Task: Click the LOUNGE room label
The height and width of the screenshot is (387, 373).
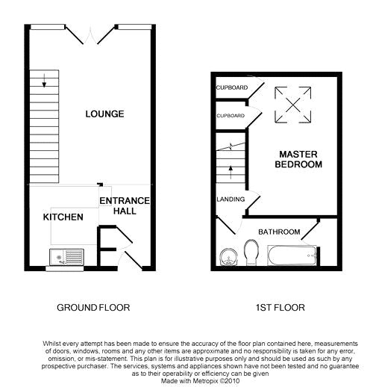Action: point(104,114)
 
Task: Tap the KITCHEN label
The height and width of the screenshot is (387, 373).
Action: point(62,217)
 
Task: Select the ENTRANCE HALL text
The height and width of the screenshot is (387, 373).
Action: point(125,206)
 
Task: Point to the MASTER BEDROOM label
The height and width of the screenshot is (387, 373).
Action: point(298,158)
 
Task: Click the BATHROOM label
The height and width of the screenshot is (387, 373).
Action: point(279,232)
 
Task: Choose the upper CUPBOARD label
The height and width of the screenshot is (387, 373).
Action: point(231,87)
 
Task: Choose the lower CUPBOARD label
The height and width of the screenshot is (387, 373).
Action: point(231,116)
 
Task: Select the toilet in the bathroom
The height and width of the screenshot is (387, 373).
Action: point(252,256)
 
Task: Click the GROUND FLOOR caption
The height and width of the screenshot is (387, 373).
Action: point(93,307)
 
